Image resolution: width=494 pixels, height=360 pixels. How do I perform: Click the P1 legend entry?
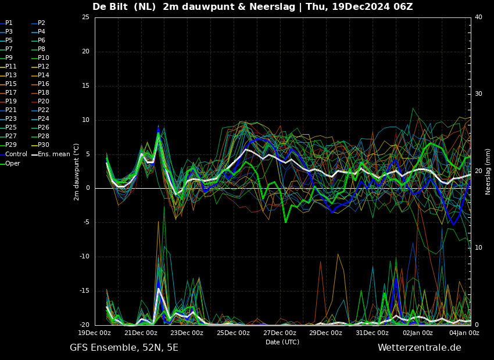6,23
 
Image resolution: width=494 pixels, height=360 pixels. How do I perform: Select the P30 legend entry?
41,145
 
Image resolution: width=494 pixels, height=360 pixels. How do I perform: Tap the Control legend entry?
13,154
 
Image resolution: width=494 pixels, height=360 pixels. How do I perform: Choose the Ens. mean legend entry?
51,154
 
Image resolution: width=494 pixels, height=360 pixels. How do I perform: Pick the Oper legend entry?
10,163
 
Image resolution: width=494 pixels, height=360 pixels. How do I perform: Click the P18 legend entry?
41,92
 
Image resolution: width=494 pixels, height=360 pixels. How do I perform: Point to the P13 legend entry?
8,75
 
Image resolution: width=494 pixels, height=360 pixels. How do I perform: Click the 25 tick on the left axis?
85,17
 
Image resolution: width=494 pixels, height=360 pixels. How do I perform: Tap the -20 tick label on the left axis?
84,325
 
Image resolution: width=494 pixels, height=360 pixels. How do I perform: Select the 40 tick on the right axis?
478,17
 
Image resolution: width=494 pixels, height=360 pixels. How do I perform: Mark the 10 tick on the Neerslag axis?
478,248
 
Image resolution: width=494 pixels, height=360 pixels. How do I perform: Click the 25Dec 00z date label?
233,333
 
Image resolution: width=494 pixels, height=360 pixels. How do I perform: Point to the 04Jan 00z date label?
464,333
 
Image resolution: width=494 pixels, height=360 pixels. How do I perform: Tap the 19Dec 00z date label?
95,333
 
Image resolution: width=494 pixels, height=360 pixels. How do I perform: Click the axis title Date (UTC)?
282,342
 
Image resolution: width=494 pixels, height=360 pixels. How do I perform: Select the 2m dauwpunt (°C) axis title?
76,172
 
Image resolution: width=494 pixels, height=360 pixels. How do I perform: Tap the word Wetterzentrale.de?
420,348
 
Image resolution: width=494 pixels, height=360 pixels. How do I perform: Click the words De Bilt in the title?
110,6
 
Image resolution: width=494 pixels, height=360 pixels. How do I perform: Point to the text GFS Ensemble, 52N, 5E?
124,348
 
